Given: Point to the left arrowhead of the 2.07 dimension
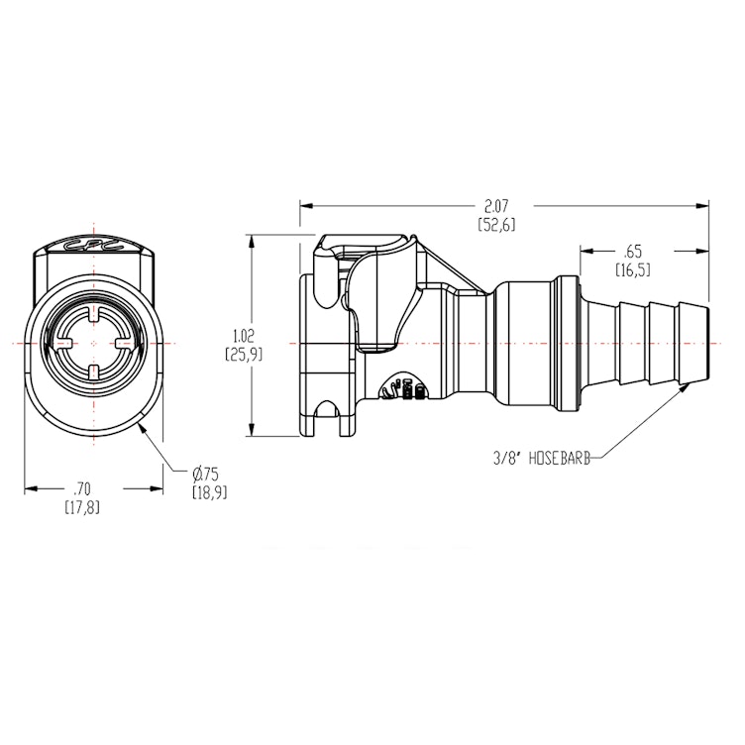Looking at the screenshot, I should coord(303,206).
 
